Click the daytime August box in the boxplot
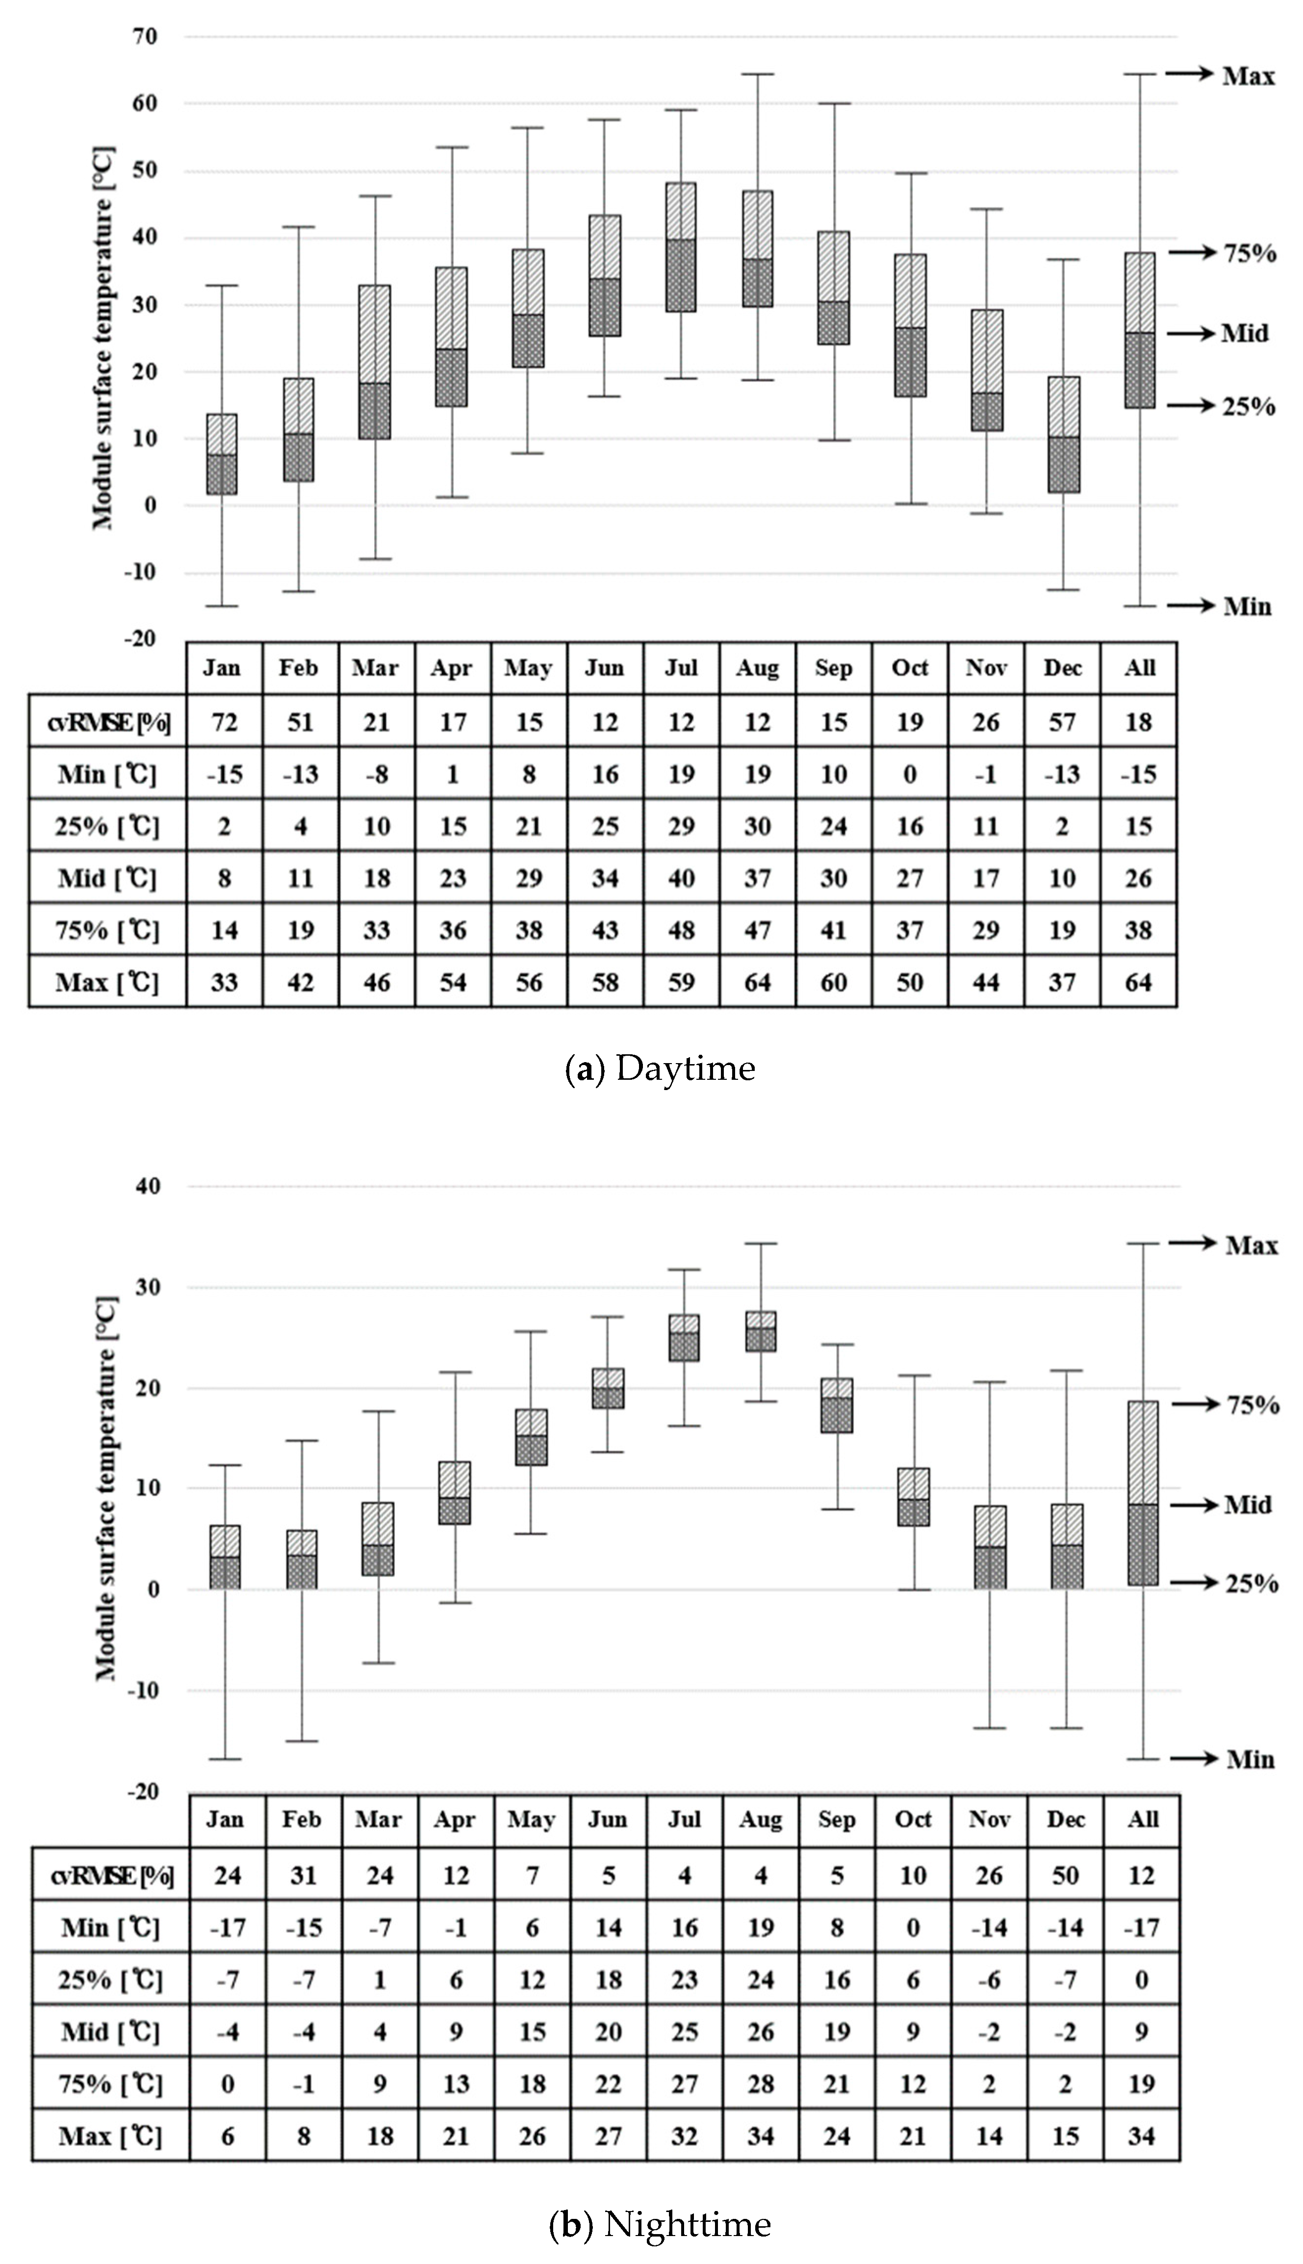(757, 249)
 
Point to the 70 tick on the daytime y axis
(146, 37)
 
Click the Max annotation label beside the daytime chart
(1249, 76)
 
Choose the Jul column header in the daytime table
(681, 667)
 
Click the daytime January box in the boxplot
(222, 454)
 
